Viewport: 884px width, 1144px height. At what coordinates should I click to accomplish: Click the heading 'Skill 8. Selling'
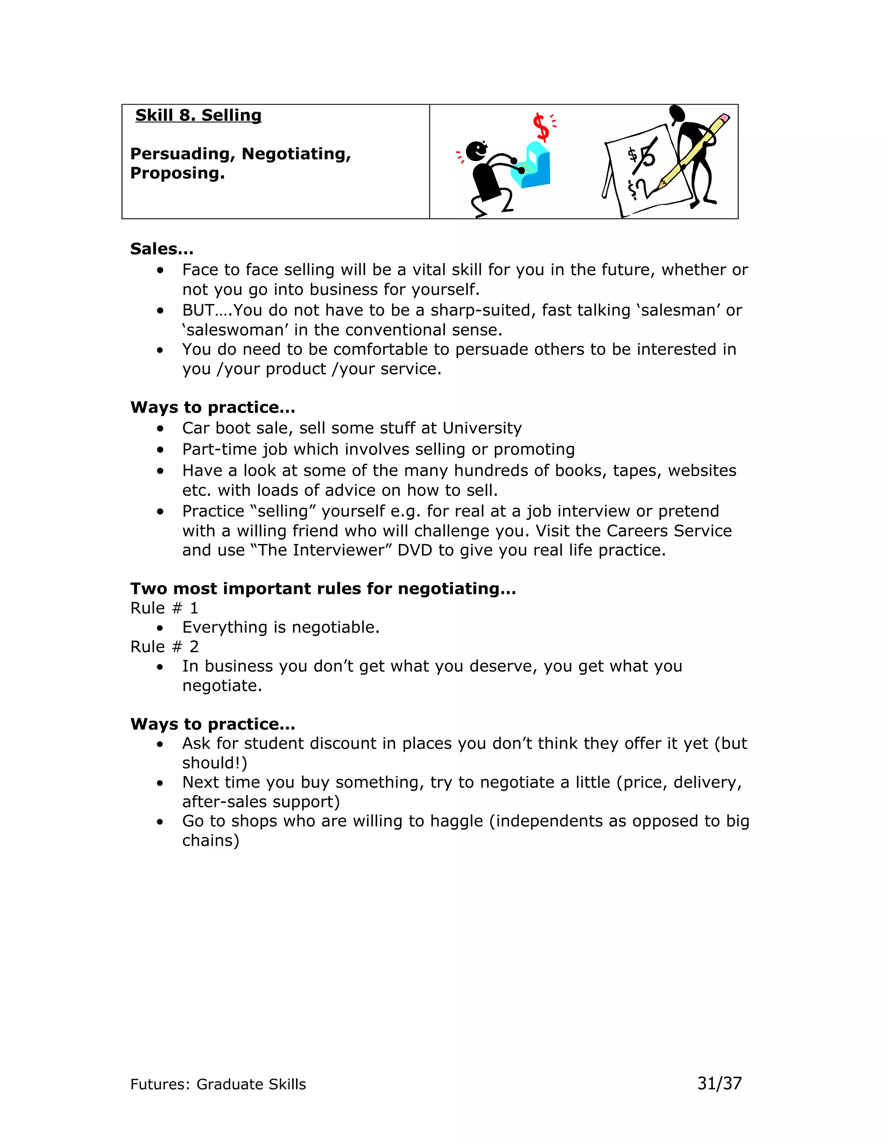[198, 115]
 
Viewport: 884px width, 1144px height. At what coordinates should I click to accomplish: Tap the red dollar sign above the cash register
[542, 127]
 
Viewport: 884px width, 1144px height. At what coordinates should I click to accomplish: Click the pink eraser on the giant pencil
[724, 118]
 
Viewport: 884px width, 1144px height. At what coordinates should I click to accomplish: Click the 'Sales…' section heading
[162, 249]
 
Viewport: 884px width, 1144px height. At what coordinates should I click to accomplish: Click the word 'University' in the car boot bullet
[482, 429]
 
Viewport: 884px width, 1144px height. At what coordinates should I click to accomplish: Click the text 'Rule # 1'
[164, 608]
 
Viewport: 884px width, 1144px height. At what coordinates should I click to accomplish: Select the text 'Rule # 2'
[164, 647]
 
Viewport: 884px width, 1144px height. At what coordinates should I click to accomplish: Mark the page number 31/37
[719, 1083]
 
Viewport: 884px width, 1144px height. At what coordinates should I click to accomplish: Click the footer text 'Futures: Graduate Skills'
[218, 1084]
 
